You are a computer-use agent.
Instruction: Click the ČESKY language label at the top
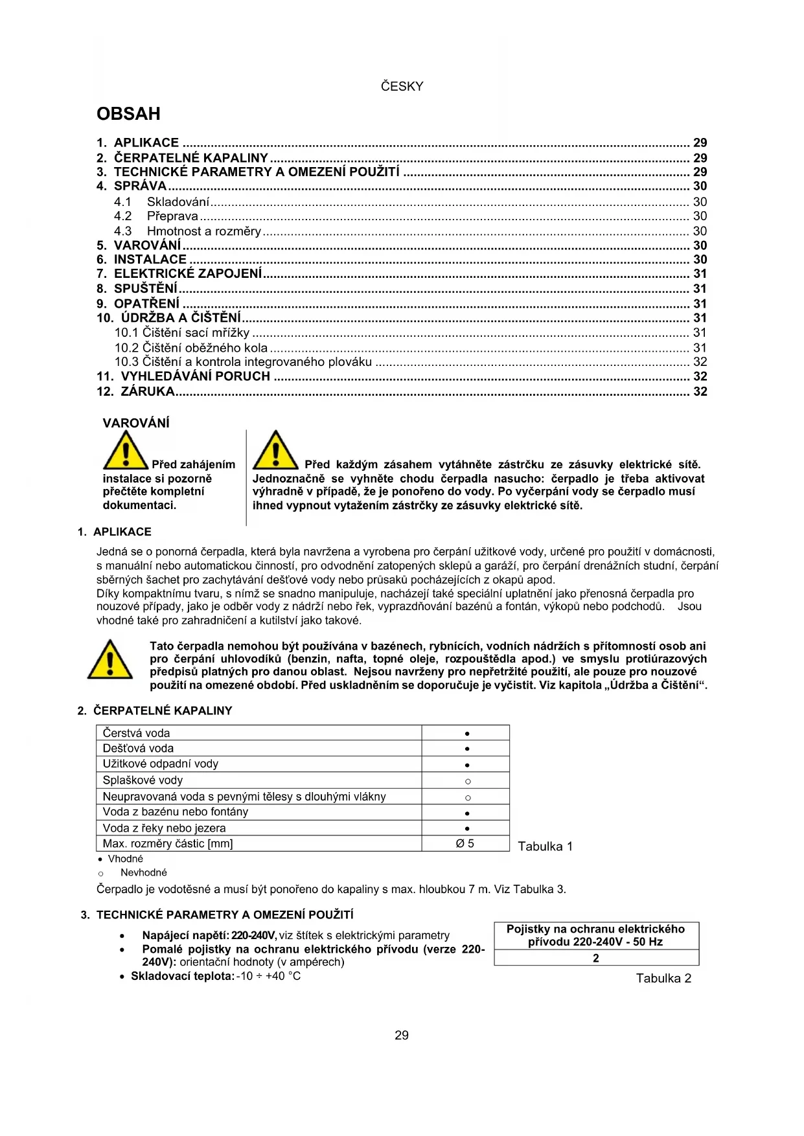tap(402, 86)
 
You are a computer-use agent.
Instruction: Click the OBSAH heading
tap(128, 114)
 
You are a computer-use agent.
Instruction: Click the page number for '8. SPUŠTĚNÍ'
tap(700, 289)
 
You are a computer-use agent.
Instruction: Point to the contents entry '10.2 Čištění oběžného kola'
tap(191, 348)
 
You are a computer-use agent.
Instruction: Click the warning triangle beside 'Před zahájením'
tap(126, 450)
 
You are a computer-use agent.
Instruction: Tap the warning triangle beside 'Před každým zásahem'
tap(275, 450)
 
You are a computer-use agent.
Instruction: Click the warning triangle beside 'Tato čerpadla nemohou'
tap(110, 660)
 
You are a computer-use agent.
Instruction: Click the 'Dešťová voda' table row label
tap(138, 748)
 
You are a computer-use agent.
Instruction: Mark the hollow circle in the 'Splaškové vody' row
tap(467, 781)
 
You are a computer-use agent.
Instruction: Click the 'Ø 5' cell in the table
tap(465, 843)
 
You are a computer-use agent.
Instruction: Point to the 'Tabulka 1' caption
tap(545, 846)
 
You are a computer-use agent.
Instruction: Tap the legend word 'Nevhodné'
tap(143, 872)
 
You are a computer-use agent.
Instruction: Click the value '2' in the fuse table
tap(596, 958)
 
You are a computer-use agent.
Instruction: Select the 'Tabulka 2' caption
tap(663, 978)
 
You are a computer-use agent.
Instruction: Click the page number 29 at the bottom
tap(402, 1035)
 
